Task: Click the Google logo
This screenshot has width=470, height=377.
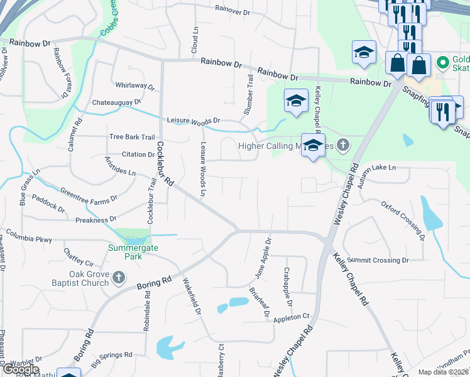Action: point(21,369)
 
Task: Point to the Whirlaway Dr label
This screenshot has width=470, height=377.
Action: point(135,85)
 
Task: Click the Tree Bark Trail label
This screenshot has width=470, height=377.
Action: point(131,137)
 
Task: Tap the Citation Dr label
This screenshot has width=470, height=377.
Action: point(138,154)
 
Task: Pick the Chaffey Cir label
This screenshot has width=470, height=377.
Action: point(78,257)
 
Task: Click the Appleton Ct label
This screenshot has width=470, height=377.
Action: point(292,317)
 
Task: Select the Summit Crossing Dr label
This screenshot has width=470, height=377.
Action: point(378,260)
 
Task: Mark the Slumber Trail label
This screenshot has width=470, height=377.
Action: point(249,94)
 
